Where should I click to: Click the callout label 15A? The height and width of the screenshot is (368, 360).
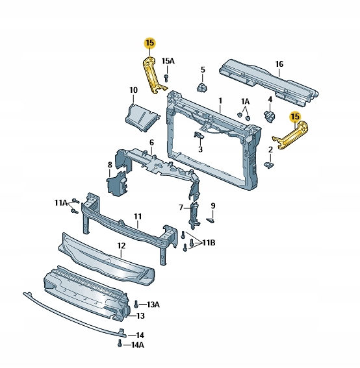click(x=168, y=62)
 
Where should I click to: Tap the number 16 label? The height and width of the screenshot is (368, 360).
click(x=279, y=64)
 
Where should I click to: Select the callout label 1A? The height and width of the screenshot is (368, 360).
click(x=245, y=102)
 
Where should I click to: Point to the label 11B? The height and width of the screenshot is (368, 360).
click(x=208, y=243)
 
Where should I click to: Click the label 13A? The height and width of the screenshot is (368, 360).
click(x=153, y=304)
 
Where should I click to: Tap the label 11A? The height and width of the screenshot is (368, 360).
click(x=60, y=203)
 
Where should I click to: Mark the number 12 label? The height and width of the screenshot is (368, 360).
click(x=121, y=246)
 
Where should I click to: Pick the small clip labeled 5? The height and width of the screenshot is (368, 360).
click(x=202, y=87)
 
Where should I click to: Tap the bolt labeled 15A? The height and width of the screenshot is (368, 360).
click(x=167, y=78)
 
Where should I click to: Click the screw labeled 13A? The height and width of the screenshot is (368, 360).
click(x=136, y=304)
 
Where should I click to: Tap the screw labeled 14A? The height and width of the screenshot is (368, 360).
click(x=120, y=345)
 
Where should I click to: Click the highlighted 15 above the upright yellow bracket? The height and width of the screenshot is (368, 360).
click(x=150, y=43)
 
